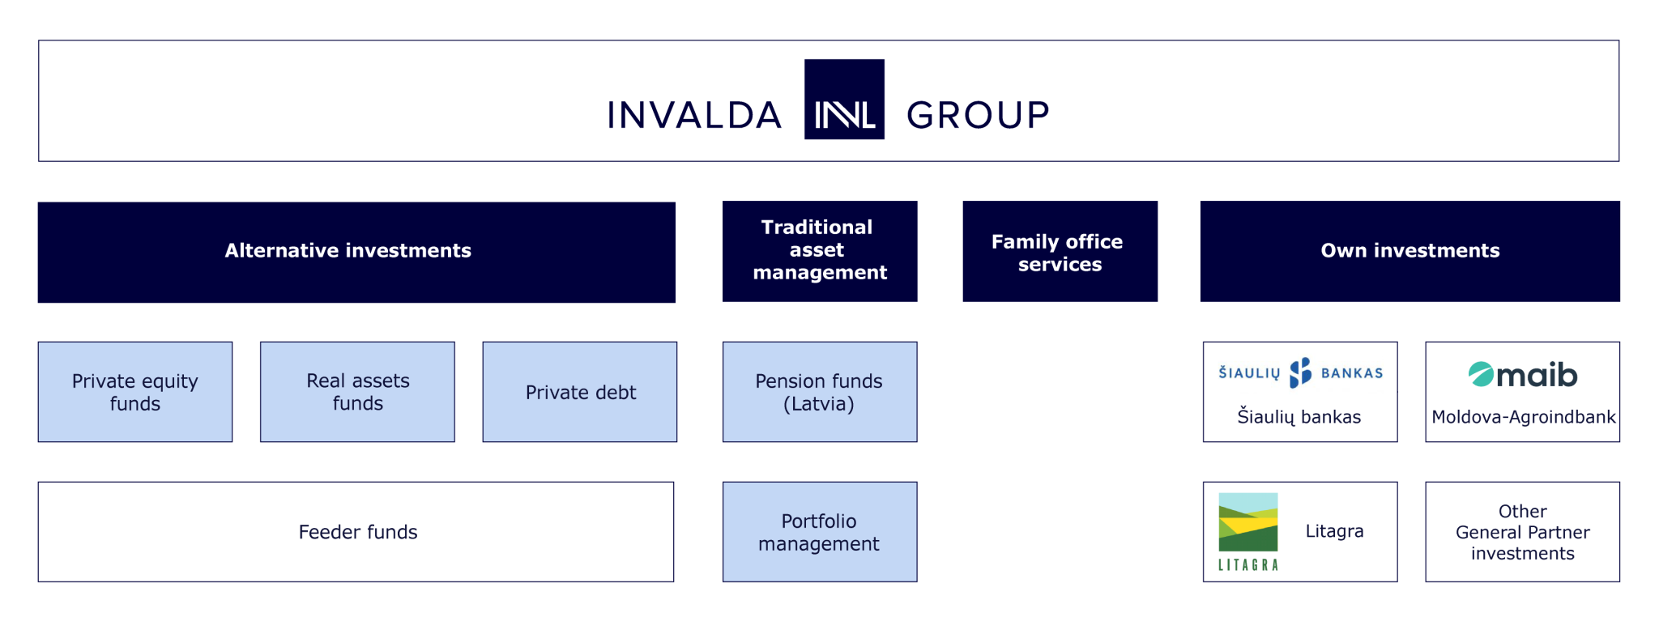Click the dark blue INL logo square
[x=844, y=100]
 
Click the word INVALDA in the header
[x=694, y=115]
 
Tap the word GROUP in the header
[x=978, y=115]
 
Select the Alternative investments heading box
[x=356, y=252]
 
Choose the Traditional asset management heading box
[x=820, y=251]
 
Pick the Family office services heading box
[x=1060, y=251]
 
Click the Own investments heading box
[x=1410, y=251]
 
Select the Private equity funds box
[x=135, y=392]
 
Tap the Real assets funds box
[x=357, y=392]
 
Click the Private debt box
[x=580, y=392]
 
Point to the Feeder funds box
[x=356, y=532]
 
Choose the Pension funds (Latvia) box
[x=820, y=392]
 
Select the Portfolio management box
[x=820, y=532]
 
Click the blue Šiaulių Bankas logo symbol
[x=1300, y=372]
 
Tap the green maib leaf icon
[x=1481, y=374]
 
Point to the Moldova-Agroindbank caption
[x=1523, y=417]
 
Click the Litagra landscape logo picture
[x=1248, y=522]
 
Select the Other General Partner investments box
[x=1523, y=532]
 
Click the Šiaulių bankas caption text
[x=1299, y=417]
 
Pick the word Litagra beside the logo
[x=1334, y=531]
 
